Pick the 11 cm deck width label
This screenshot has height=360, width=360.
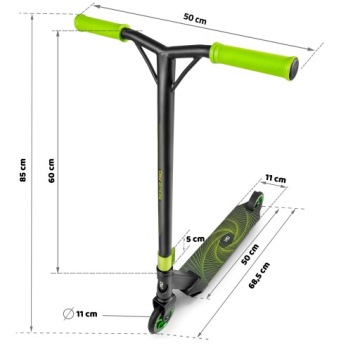pyautogui.click(x=275, y=179)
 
